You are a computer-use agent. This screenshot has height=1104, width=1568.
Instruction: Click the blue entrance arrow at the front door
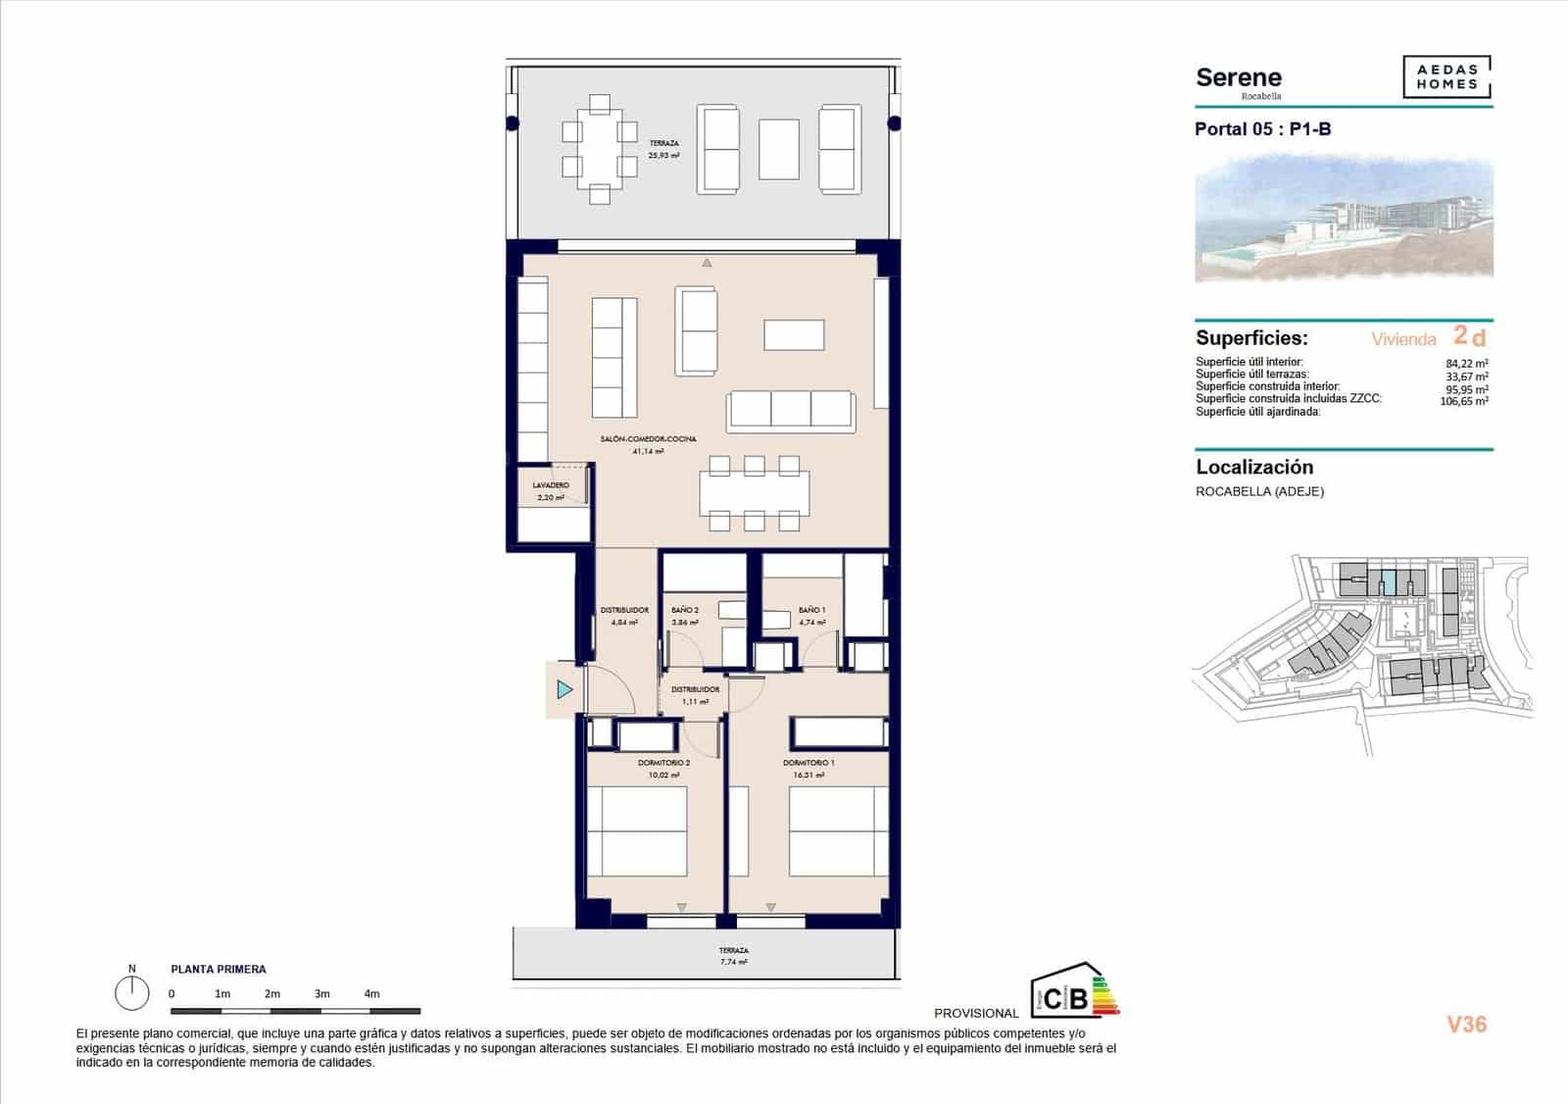tap(564, 690)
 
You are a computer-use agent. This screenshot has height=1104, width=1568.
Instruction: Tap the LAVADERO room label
tap(551, 485)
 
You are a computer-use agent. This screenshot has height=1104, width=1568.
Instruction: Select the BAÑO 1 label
tap(811, 610)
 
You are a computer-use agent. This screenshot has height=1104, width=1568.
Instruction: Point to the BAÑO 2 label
tap(685, 610)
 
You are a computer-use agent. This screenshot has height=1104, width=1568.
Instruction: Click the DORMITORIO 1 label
tap(808, 763)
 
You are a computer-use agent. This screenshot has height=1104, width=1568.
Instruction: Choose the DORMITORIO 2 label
tap(663, 763)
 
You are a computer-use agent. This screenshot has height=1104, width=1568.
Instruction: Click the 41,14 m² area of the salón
tap(648, 452)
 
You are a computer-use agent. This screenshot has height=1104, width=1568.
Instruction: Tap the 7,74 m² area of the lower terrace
tap(733, 963)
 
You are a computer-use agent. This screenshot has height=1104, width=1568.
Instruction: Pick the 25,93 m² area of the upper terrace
tap(663, 155)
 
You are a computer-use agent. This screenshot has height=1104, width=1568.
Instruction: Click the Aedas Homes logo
tap(1446, 77)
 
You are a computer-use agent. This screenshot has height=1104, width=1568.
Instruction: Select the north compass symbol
tap(132, 993)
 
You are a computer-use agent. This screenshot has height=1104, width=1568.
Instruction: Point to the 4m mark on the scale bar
tap(371, 994)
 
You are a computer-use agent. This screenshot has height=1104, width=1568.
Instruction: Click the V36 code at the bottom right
tap(1466, 1025)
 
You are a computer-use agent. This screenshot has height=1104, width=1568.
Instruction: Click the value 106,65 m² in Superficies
tap(1463, 401)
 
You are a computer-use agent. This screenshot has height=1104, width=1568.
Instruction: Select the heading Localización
tap(1253, 468)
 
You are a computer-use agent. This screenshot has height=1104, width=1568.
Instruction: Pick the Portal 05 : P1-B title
tap(1262, 129)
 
